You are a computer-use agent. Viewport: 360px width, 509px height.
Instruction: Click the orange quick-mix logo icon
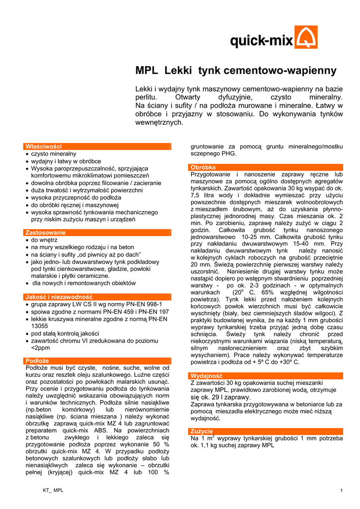pos(306,37)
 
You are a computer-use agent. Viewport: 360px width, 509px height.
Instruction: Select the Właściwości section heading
pos(44,146)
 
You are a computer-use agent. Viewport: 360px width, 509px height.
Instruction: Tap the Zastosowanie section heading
pos(45,233)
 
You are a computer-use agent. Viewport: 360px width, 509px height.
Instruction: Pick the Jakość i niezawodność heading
pos(59,297)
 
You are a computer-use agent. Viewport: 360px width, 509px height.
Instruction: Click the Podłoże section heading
pos(37,360)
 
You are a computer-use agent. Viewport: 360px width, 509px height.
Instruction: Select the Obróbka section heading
pos(203,168)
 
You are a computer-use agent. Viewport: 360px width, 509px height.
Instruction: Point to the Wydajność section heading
pos(206,376)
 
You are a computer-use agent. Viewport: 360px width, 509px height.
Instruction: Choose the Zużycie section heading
pos(201,431)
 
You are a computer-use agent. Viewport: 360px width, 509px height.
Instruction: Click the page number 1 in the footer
pos(342,491)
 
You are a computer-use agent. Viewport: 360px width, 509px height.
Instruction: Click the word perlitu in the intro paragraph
pos(146,97)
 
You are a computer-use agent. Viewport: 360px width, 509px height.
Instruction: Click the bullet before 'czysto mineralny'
pos(27,154)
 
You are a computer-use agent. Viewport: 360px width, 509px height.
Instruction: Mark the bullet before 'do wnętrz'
pos(27,240)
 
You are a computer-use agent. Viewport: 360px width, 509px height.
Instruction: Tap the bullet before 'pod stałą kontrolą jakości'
pos(27,334)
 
